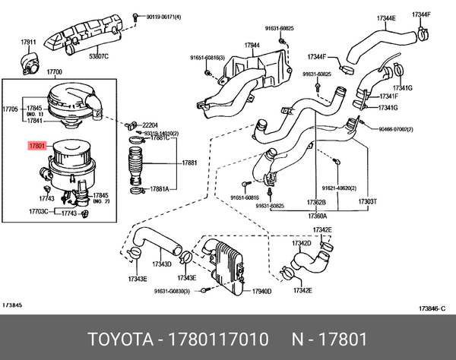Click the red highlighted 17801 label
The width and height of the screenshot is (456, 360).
pos(38,144)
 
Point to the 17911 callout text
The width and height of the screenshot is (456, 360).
pos(29,42)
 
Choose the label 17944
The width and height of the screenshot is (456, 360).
pos(252,46)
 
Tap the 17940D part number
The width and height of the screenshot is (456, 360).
pos(261,291)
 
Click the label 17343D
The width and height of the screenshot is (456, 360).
pos(162,264)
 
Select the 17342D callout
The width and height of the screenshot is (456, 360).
pos(302,243)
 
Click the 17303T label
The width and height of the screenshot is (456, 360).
pos(367,204)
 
